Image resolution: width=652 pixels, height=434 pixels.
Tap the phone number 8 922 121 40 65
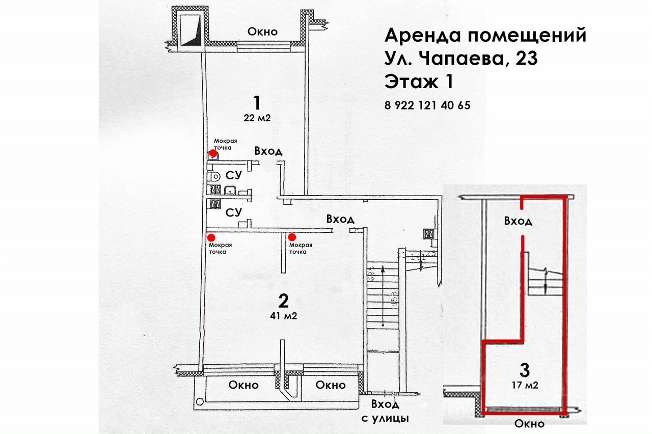click(427, 106)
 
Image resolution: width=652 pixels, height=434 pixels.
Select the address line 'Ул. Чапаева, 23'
click(461, 59)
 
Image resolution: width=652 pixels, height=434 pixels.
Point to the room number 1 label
click(257, 103)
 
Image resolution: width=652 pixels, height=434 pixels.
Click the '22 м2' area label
click(257, 118)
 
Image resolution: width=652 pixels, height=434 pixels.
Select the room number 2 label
click(284, 301)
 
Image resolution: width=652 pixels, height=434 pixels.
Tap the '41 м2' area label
click(284, 316)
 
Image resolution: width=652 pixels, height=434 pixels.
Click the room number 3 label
click(525, 368)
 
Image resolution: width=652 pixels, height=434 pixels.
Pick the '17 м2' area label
click(525, 385)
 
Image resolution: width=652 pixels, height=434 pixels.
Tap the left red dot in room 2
click(210, 237)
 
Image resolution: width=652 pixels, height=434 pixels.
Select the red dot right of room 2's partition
click(292, 237)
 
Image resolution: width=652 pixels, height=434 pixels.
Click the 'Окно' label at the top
click(262, 32)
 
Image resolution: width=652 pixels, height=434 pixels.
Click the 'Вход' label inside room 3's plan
click(518, 222)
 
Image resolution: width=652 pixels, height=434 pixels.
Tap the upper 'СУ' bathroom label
click(233, 176)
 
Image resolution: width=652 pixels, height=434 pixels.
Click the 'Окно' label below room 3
click(529, 424)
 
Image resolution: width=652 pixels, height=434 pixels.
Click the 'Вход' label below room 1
click(268, 151)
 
